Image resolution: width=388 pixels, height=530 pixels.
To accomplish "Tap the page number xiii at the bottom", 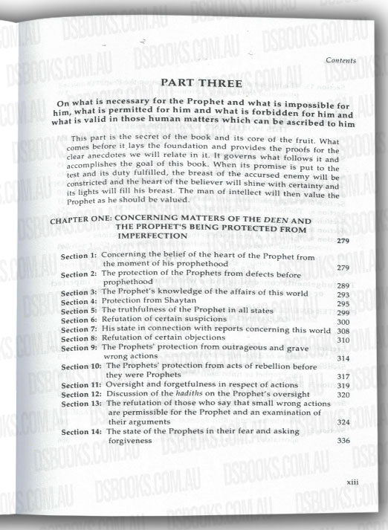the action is [x=353, y=484].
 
